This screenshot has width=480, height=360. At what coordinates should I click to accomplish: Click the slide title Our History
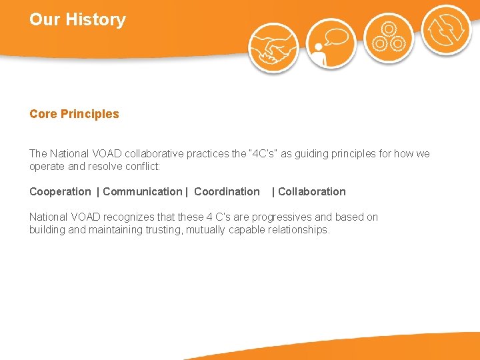(x=77, y=20)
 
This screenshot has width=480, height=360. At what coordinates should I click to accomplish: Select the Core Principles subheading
(x=74, y=114)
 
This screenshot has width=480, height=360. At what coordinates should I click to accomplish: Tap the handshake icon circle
(x=273, y=47)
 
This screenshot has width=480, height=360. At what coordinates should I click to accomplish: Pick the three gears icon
(x=389, y=37)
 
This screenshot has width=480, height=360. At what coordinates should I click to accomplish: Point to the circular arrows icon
(x=446, y=30)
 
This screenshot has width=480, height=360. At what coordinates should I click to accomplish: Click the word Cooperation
(x=60, y=192)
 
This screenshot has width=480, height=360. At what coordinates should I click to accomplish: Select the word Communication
(x=142, y=192)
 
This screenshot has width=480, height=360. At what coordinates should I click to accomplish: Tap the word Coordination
(x=227, y=192)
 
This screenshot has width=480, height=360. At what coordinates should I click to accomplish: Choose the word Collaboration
(x=312, y=192)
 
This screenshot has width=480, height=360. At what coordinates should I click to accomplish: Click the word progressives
(x=296, y=217)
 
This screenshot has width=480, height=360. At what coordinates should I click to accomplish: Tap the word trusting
(x=163, y=230)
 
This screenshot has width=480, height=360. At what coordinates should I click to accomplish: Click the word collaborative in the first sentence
(x=153, y=154)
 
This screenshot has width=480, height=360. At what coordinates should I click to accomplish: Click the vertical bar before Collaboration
(x=273, y=192)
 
